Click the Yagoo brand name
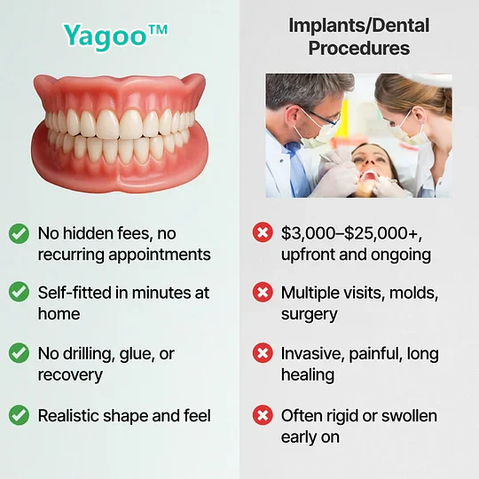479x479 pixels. pos(115,36)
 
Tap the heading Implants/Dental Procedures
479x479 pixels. pos(358,35)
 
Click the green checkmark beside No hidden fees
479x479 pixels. pos(18,233)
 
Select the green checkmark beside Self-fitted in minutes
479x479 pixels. pos(18,292)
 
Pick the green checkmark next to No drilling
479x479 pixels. pos(18,353)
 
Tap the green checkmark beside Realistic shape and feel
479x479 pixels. pos(18,414)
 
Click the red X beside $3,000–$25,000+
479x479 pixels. pos(262,233)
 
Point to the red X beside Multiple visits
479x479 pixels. pos(262,292)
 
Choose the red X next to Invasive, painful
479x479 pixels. pos(262,353)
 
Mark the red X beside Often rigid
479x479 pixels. pos(262,414)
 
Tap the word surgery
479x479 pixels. pos(309,314)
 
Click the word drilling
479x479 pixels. pos(89,354)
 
